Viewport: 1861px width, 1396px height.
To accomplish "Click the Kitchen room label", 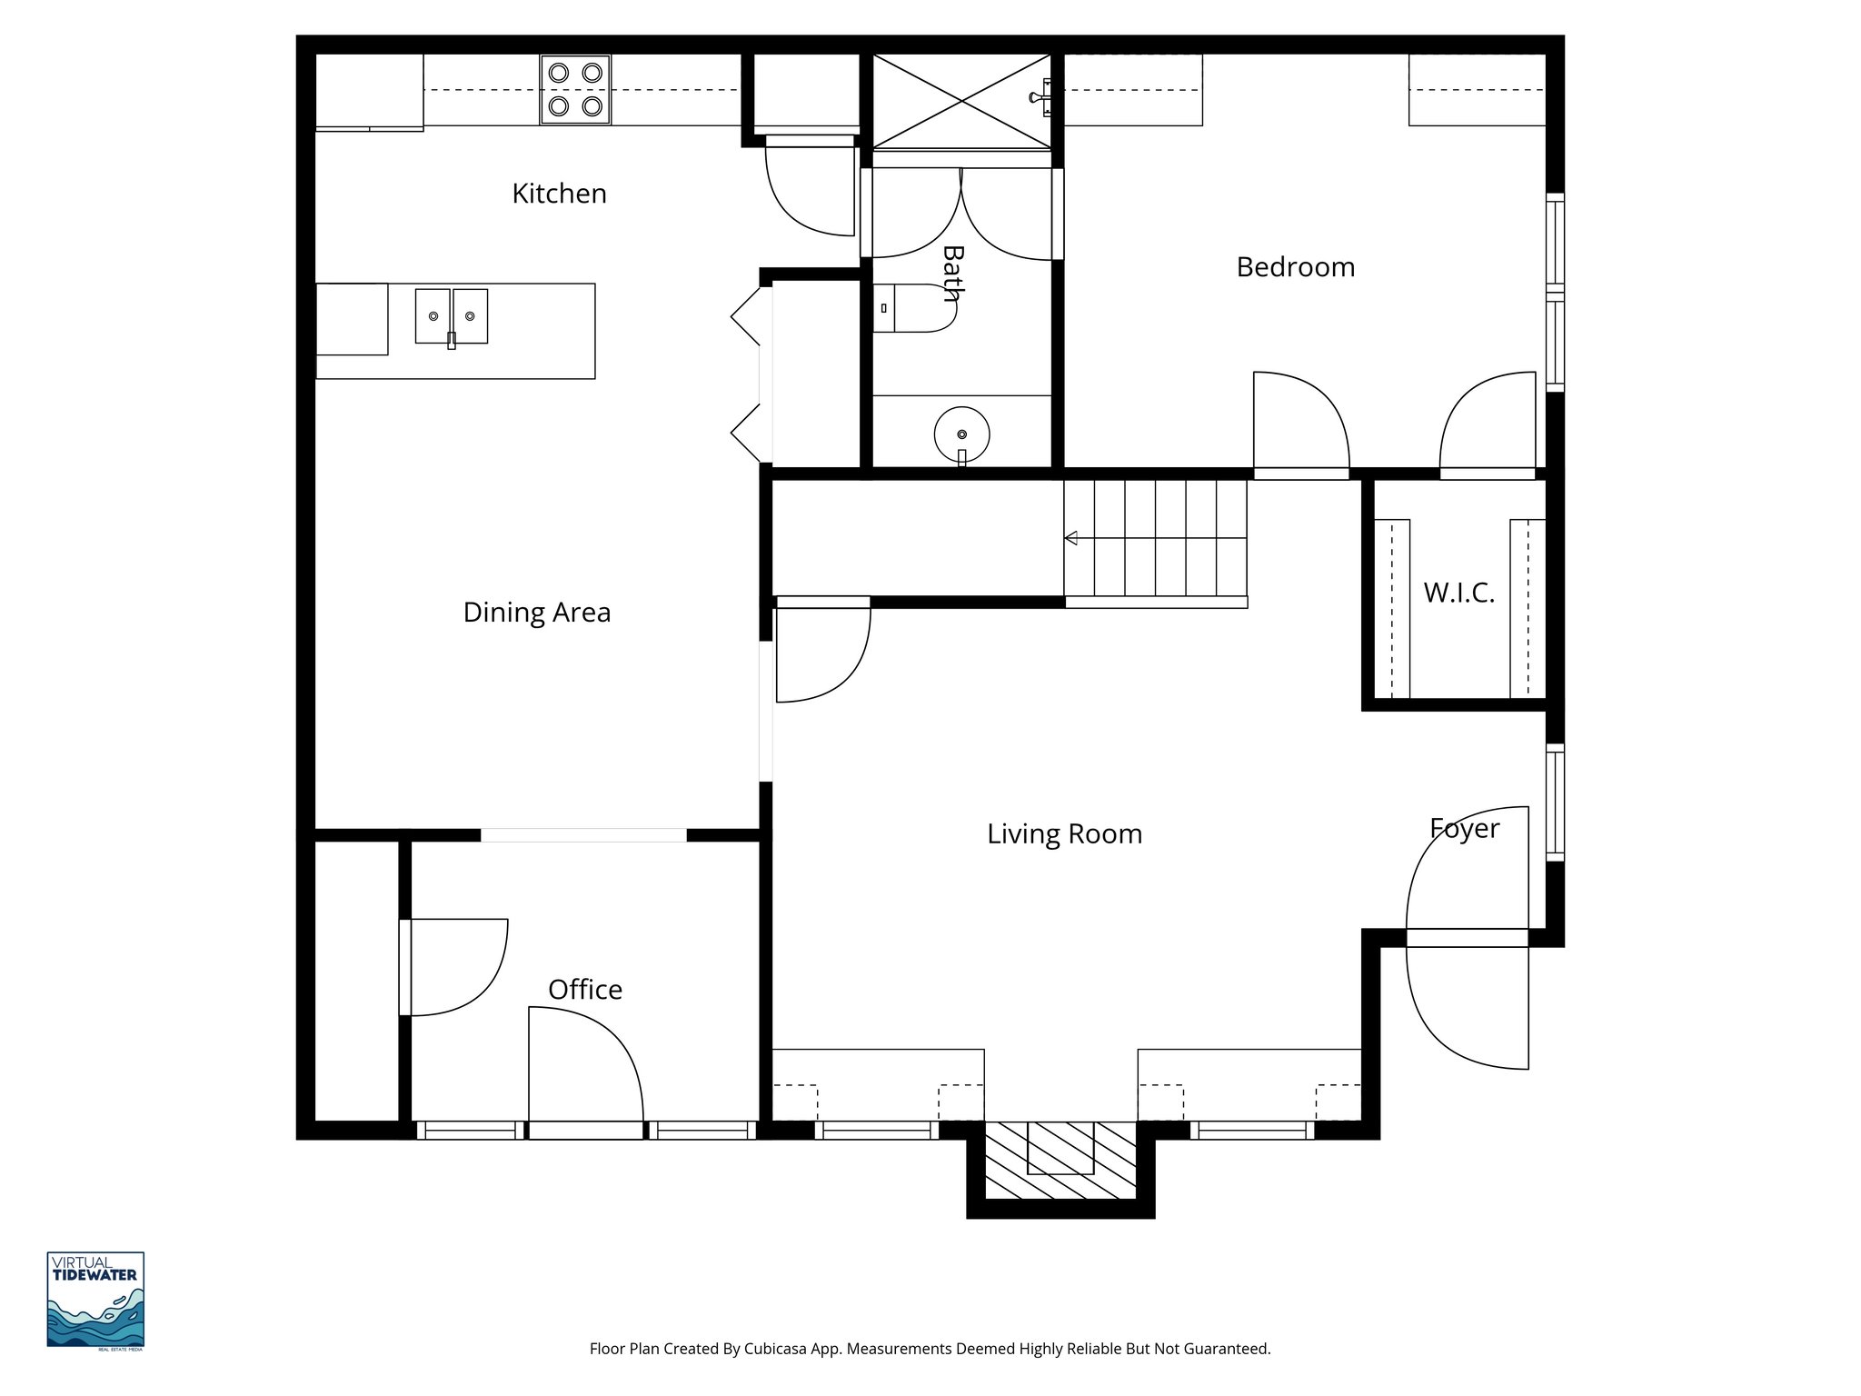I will click(559, 194).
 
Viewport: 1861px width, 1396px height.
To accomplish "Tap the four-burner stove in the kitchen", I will click(575, 89).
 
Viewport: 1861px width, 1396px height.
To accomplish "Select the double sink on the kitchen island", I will click(452, 316).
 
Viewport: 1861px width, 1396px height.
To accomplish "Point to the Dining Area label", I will click(536, 613).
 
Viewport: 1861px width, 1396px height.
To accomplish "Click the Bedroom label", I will click(1295, 267).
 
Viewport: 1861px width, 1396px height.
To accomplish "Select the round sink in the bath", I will click(961, 434).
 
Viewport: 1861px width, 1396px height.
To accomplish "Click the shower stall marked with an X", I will click(961, 100).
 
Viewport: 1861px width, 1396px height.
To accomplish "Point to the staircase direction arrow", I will click(1071, 538).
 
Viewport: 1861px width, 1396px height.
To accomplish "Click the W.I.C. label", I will click(1458, 593).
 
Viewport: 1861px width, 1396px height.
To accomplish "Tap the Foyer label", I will click(1464, 828).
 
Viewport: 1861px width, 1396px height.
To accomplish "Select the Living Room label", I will click(1064, 834).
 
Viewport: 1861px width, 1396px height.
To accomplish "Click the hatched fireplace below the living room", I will click(1060, 1161).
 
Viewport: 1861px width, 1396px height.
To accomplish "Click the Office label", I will click(585, 990).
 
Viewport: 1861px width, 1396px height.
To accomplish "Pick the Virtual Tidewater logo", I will click(95, 1301).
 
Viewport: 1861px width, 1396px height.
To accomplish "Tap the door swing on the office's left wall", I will click(454, 967).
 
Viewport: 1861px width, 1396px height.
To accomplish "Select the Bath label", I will click(951, 272).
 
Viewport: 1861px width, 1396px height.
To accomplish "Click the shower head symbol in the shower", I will click(1040, 97).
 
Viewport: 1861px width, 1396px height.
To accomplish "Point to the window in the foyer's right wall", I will click(1555, 802).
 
